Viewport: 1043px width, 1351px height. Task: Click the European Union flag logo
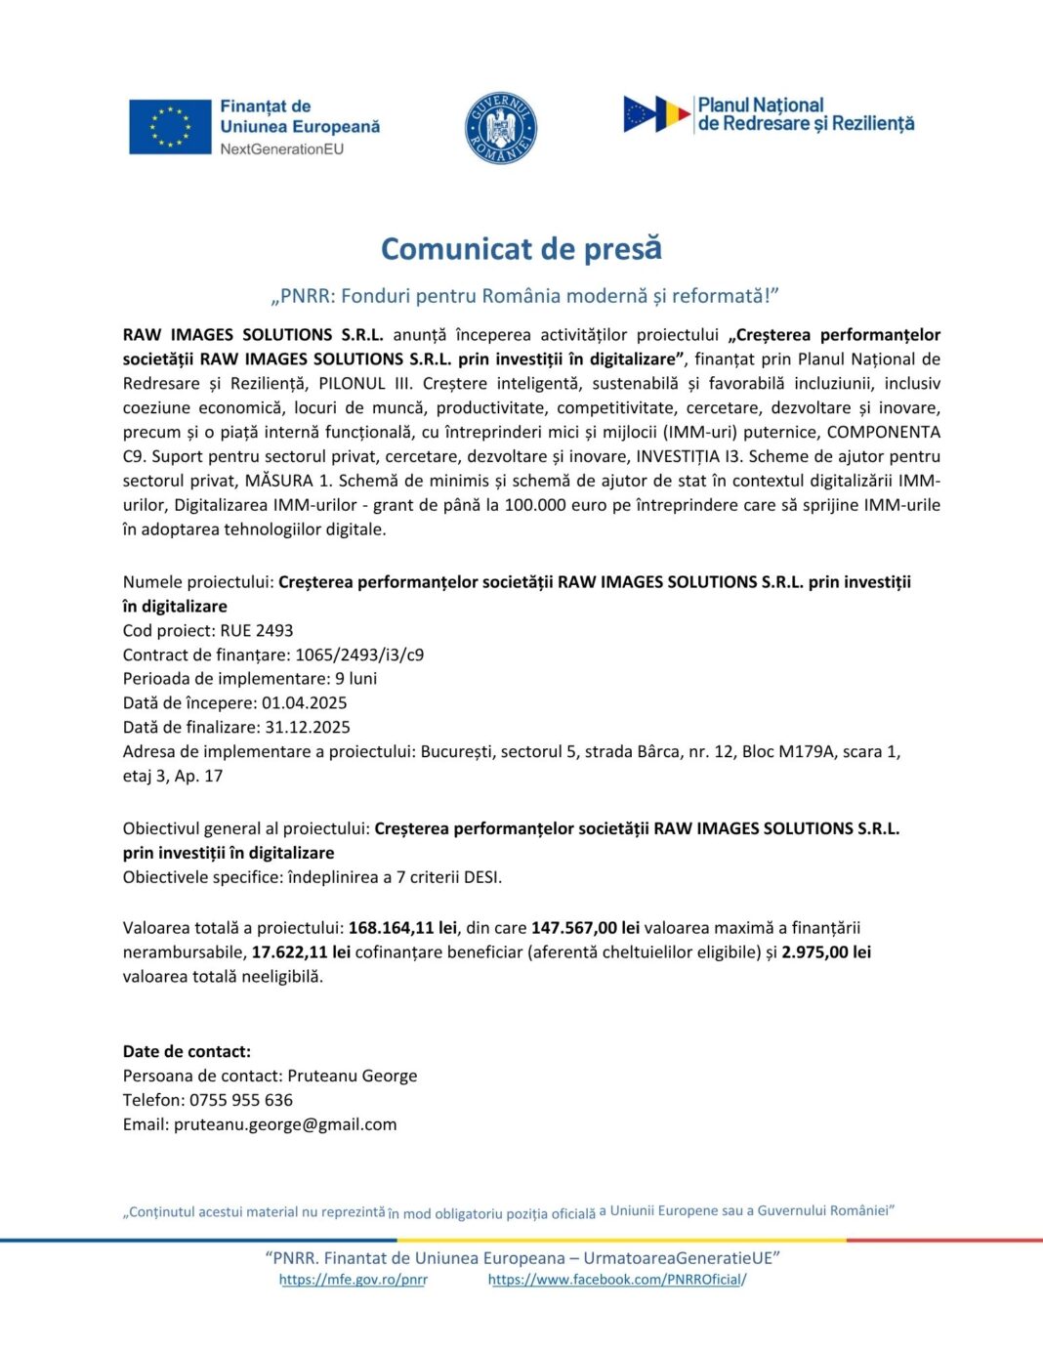pos(170,127)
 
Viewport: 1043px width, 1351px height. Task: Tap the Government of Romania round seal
pos(501,128)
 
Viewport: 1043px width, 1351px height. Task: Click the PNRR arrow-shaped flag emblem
pos(656,114)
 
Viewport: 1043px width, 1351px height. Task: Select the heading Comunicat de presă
pos(521,249)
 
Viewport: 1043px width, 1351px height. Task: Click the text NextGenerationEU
pos(281,149)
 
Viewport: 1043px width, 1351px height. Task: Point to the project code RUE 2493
pos(257,631)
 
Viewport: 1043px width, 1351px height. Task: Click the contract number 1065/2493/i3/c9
pos(359,655)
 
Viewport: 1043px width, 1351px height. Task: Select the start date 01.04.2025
pos(304,703)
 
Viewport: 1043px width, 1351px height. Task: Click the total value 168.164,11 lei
pos(402,928)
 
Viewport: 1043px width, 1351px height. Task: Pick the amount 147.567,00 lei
pos(585,928)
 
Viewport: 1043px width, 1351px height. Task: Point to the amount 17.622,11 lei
pos(301,952)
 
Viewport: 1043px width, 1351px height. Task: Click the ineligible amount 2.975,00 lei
pos(826,952)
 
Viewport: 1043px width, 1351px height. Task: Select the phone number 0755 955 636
pos(241,1101)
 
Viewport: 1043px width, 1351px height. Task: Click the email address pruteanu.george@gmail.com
pos(285,1125)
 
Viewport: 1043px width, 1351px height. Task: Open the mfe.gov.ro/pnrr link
pos(353,1280)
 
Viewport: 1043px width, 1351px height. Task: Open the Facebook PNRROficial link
pos(616,1280)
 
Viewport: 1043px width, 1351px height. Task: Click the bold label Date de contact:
pos(187,1052)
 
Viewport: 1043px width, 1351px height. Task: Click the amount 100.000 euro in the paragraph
pos(567,506)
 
